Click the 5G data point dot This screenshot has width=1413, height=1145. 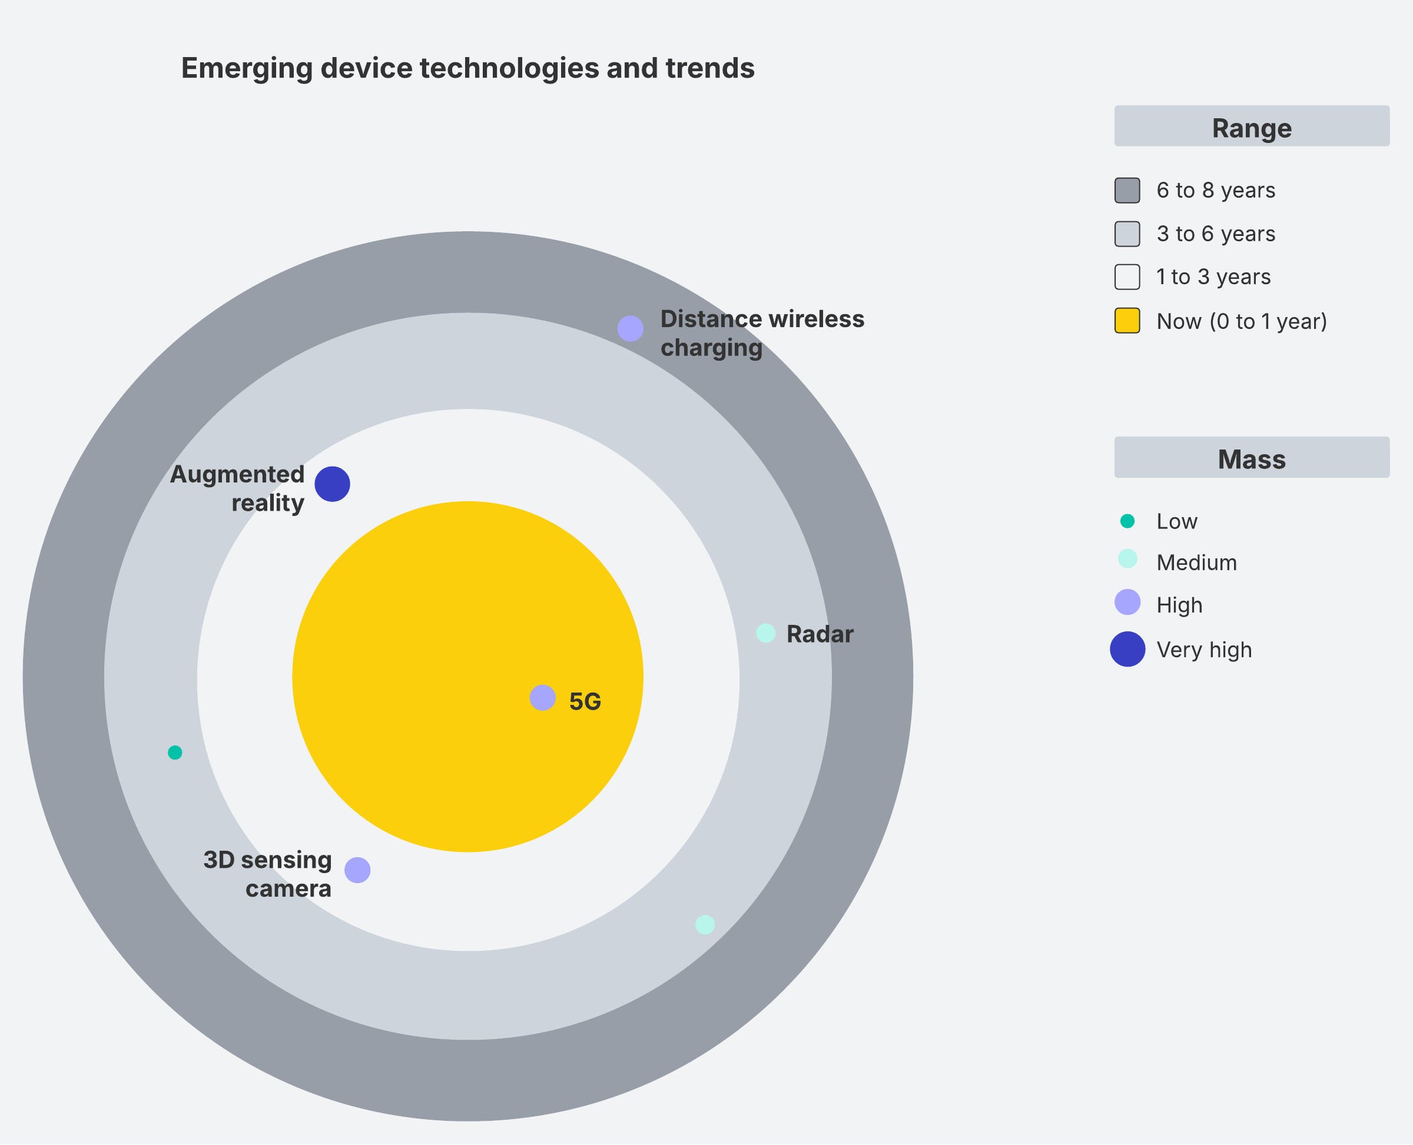pyautogui.click(x=542, y=698)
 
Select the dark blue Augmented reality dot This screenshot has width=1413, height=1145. pyautogui.click(x=332, y=484)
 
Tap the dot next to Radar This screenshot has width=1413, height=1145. pyautogui.click(x=765, y=633)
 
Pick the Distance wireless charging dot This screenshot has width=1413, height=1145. pyautogui.click(x=631, y=328)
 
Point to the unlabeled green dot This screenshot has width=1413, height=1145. pyautogui.click(x=175, y=753)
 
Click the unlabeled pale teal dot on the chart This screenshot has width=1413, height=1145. pyautogui.click(x=705, y=925)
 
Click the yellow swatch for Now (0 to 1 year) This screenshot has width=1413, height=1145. pyautogui.click(x=1127, y=321)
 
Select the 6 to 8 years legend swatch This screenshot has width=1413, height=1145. pyautogui.click(x=1127, y=191)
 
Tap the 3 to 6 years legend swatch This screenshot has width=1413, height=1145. pyautogui.click(x=1127, y=234)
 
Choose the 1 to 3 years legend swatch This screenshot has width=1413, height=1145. pyautogui.click(x=1127, y=277)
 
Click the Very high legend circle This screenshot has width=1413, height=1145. pyautogui.click(x=1127, y=649)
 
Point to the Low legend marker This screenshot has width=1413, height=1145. pyautogui.click(x=1127, y=521)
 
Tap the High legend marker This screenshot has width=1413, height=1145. pyautogui.click(x=1127, y=602)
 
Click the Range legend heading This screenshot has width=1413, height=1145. pyautogui.click(x=1251, y=127)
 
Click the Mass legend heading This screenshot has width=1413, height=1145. pyautogui.click(x=1251, y=459)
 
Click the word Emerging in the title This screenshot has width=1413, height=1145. pyautogui.click(x=247, y=69)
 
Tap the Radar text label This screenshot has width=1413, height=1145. pyautogui.click(x=820, y=634)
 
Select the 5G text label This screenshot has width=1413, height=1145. pyautogui.click(x=585, y=702)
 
